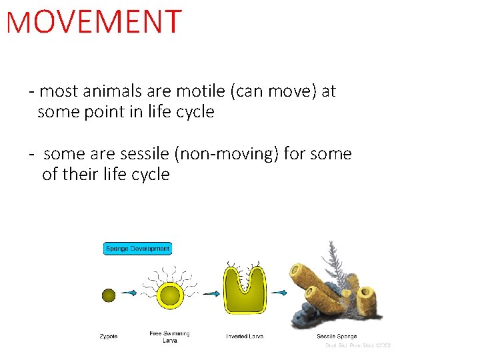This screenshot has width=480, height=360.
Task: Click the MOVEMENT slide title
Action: pyautogui.click(x=93, y=22)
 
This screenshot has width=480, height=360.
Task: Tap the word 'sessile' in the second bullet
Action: pyautogui.click(x=144, y=154)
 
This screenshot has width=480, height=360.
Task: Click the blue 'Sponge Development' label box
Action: pyautogui.click(x=138, y=249)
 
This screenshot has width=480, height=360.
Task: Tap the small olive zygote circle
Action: pyautogui.click(x=109, y=294)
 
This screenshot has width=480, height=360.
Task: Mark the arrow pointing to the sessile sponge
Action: pyautogui.click(x=278, y=293)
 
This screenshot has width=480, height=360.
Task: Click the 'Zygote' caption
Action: pyautogui.click(x=109, y=337)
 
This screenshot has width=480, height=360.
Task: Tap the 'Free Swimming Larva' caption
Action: pyautogui.click(x=169, y=337)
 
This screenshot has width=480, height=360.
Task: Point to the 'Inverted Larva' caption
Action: pyautogui.click(x=245, y=337)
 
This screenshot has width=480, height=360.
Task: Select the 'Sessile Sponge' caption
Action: pyautogui.click(x=337, y=337)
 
